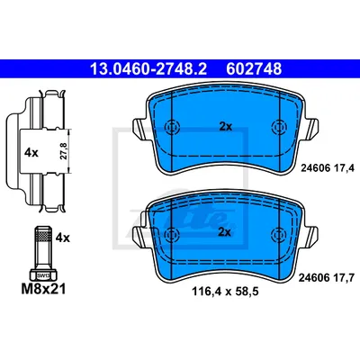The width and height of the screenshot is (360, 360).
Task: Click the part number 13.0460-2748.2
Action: [x=148, y=69]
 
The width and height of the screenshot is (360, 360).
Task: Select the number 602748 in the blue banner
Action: [x=254, y=69]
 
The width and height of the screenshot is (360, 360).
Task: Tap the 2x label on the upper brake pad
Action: [x=226, y=127]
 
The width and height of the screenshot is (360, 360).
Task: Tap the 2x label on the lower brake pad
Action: [x=224, y=232]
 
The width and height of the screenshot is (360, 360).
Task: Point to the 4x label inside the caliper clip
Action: [x=31, y=153]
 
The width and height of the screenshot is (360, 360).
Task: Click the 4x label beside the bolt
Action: [x=63, y=238]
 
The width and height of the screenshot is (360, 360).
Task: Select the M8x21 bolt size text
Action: [x=43, y=290]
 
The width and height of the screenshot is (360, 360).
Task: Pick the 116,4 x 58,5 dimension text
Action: [x=225, y=291]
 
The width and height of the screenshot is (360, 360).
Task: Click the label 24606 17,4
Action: [x=328, y=168]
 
